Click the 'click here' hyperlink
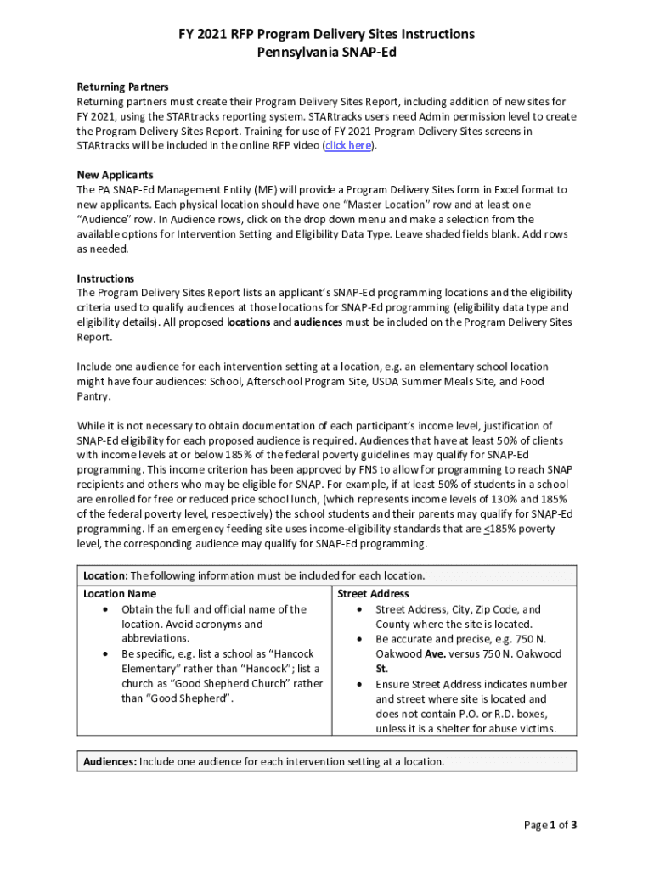(348, 146)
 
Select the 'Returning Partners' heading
(122, 87)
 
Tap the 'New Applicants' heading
(116, 175)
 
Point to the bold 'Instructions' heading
(105, 278)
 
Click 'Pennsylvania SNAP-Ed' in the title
(326, 52)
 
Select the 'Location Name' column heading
(120, 594)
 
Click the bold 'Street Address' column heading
(373, 594)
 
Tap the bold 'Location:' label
(105, 575)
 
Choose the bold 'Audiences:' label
(110, 761)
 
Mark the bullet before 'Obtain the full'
(104, 609)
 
